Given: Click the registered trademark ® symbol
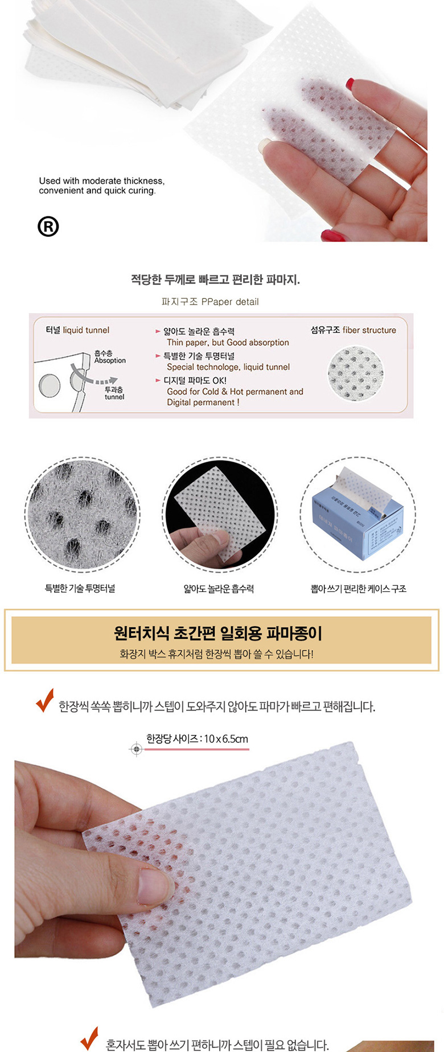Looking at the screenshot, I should [x=48, y=227].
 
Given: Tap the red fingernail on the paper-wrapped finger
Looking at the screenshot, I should [x=350, y=84].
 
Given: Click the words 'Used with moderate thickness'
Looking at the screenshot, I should [x=101, y=181].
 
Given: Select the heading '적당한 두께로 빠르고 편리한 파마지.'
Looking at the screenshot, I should [x=215, y=280].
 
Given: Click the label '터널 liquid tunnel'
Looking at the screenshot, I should [x=77, y=330].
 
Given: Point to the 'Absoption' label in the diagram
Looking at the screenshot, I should [x=110, y=360].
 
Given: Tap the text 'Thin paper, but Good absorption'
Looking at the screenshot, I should [x=228, y=343].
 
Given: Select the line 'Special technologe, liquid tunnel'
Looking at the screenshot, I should [x=228, y=367].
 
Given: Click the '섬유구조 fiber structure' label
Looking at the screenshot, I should [x=353, y=330].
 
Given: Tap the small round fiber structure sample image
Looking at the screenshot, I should [x=356, y=373].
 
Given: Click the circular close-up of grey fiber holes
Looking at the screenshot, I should [x=82, y=514].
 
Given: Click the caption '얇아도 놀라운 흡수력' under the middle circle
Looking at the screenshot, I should [x=219, y=589].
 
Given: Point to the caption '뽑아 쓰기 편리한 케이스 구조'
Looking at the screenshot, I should [x=358, y=589].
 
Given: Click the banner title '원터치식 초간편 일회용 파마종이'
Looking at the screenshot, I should [x=218, y=633].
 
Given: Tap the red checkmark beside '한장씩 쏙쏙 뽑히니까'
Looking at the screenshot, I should [x=44, y=701].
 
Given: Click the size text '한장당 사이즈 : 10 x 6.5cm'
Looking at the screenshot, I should [x=197, y=739].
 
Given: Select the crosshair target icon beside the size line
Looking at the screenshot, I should [x=136, y=749].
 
